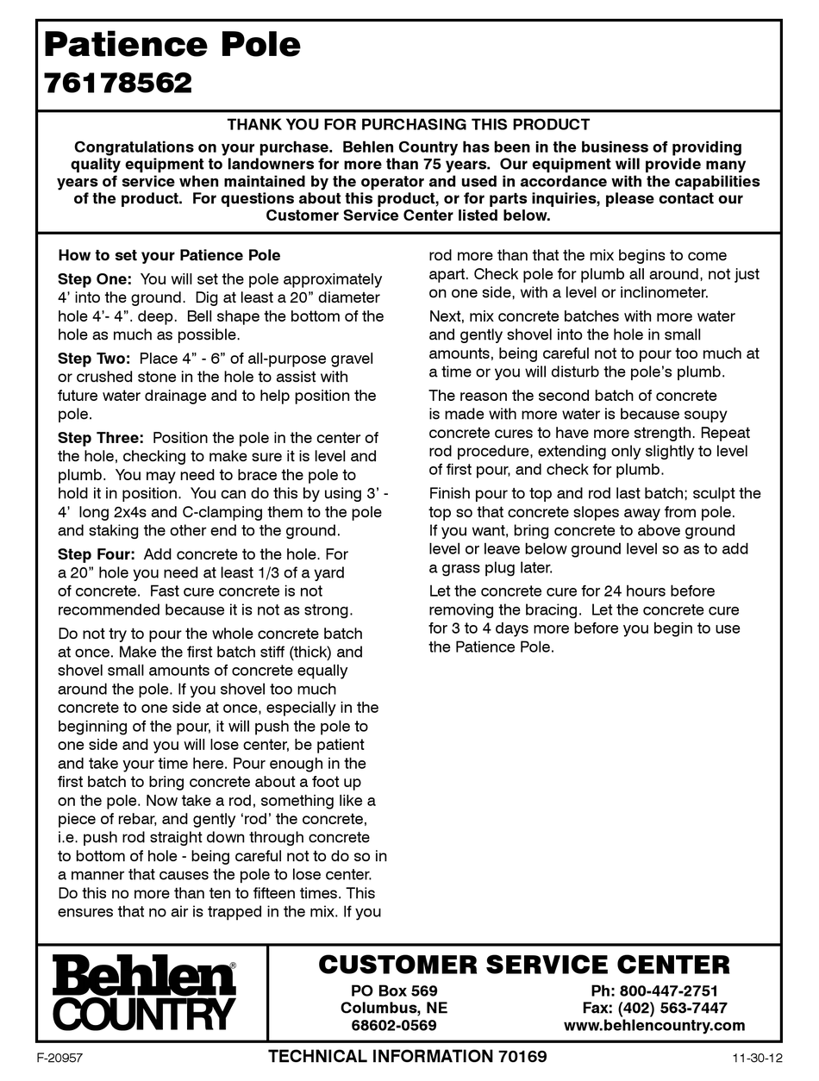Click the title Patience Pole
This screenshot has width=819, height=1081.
(172, 44)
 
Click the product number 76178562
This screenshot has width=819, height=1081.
(117, 84)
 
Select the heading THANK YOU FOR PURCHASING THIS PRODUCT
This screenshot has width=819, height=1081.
(409, 125)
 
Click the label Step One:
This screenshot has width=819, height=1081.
(95, 279)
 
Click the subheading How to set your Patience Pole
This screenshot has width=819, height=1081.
(169, 256)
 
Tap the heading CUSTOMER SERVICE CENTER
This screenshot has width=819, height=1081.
(524, 965)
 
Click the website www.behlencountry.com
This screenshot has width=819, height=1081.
(654, 1026)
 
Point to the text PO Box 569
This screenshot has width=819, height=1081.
(394, 990)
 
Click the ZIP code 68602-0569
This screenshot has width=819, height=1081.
(394, 1026)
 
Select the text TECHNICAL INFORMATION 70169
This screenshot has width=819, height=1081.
(407, 1057)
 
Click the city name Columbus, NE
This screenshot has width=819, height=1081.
(394, 1008)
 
